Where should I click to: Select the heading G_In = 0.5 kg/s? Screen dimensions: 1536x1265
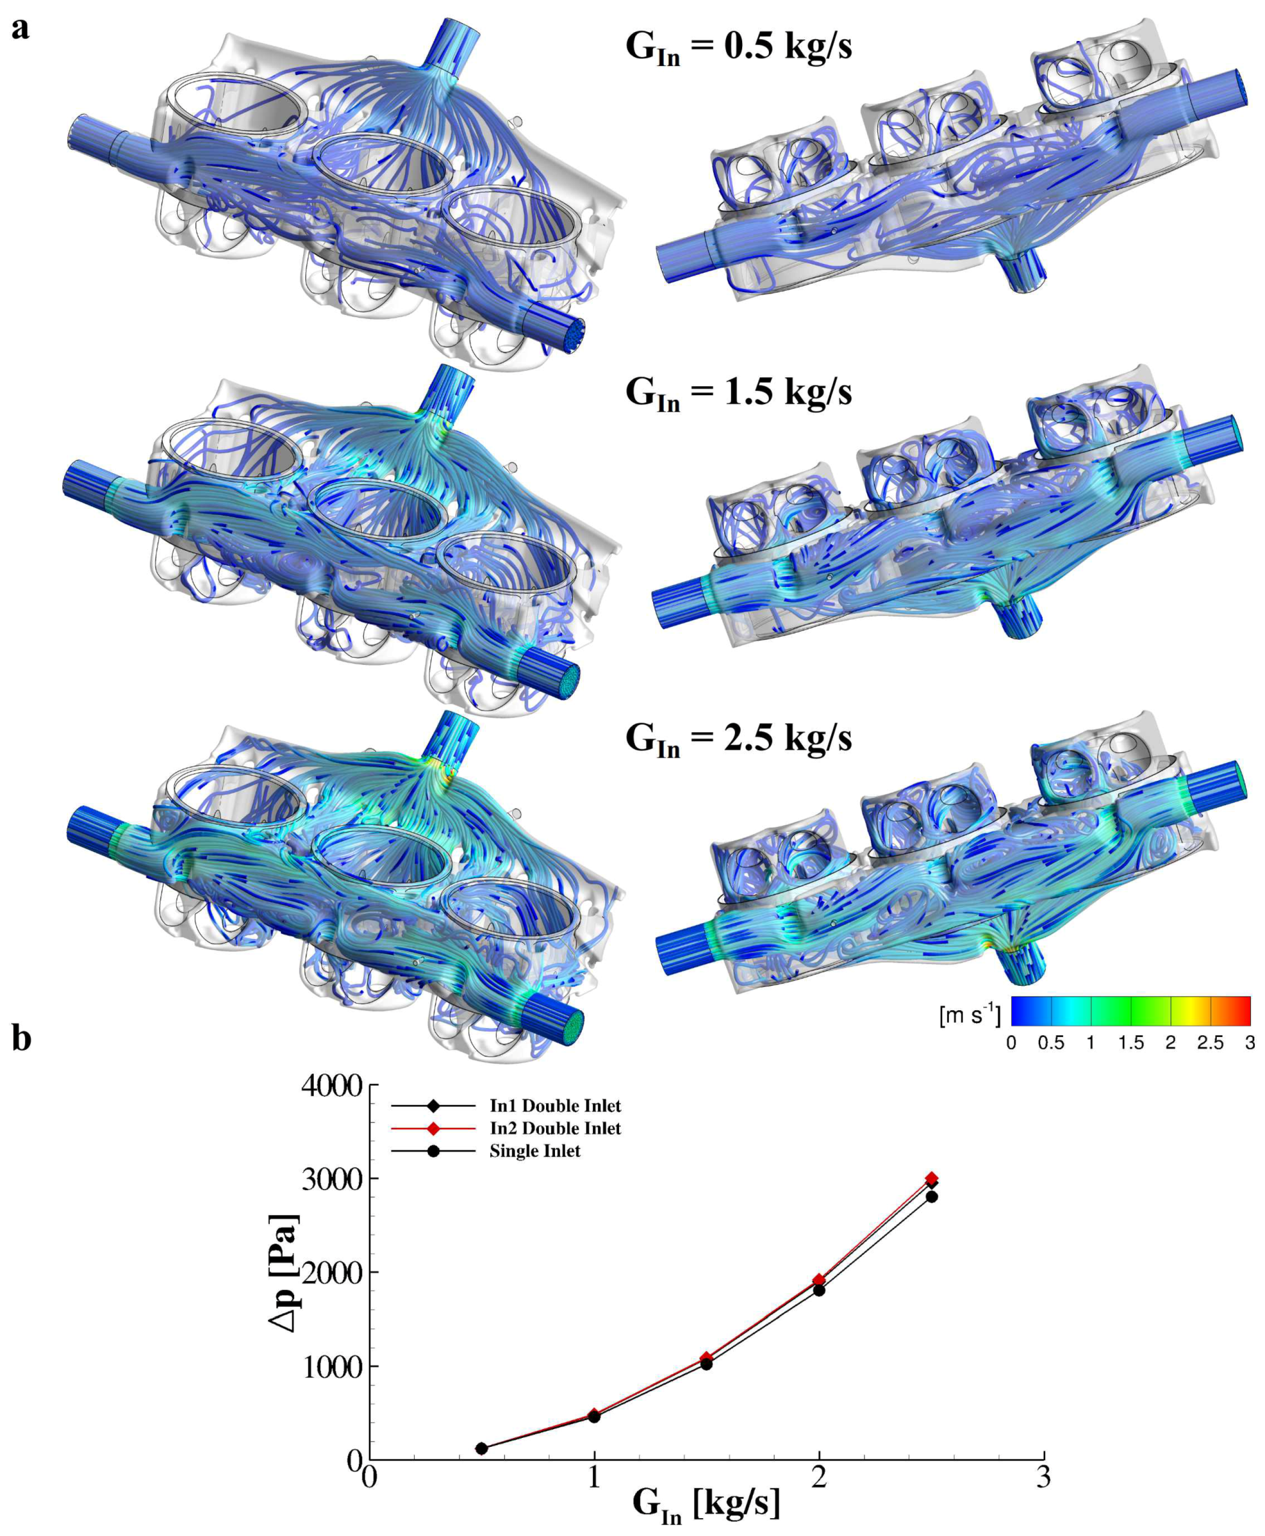click(738, 48)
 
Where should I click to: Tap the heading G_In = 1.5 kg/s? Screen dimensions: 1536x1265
click(738, 394)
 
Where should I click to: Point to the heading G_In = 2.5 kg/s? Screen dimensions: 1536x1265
click(738, 740)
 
